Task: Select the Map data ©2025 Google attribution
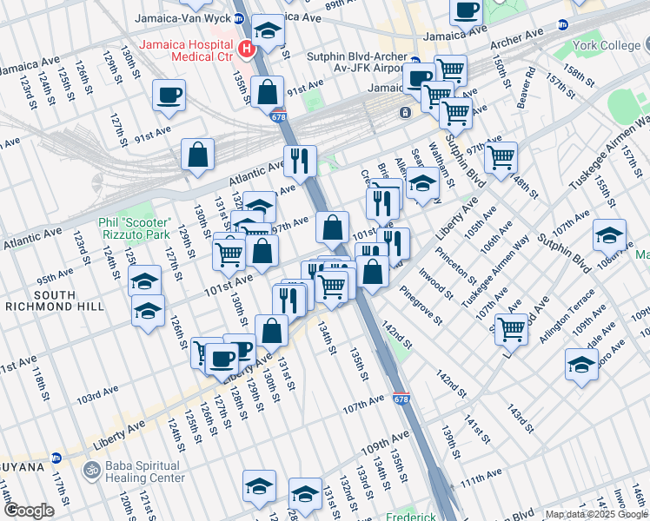coord(596,514)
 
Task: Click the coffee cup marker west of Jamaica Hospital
coord(169,95)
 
